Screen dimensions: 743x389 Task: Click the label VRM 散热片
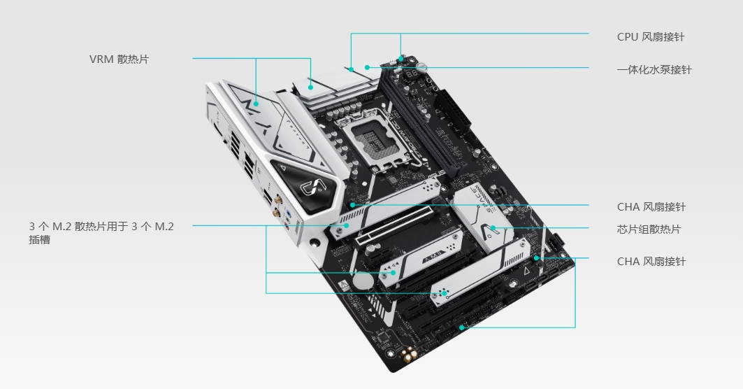pyautogui.click(x=119, y=59)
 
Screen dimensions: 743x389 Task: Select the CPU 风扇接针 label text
pyautogui.click(x=651, y=37)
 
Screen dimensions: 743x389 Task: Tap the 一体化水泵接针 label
pyautogui.click(x=654, y=70)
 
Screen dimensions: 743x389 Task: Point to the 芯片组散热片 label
pyautogui.click(x=649, y=229)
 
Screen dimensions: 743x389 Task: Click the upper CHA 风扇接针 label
pyautogui.click(x=651, y=207)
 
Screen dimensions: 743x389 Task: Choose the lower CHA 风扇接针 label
pyautogui.click(x=651, y=262)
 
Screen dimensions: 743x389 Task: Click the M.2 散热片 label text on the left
pyautogui.click(x=101, y=232)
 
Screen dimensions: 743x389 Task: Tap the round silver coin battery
pyautogui.click(x=363, y=281)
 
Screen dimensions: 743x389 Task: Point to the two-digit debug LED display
pyautogui.click(x=411, y=74)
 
